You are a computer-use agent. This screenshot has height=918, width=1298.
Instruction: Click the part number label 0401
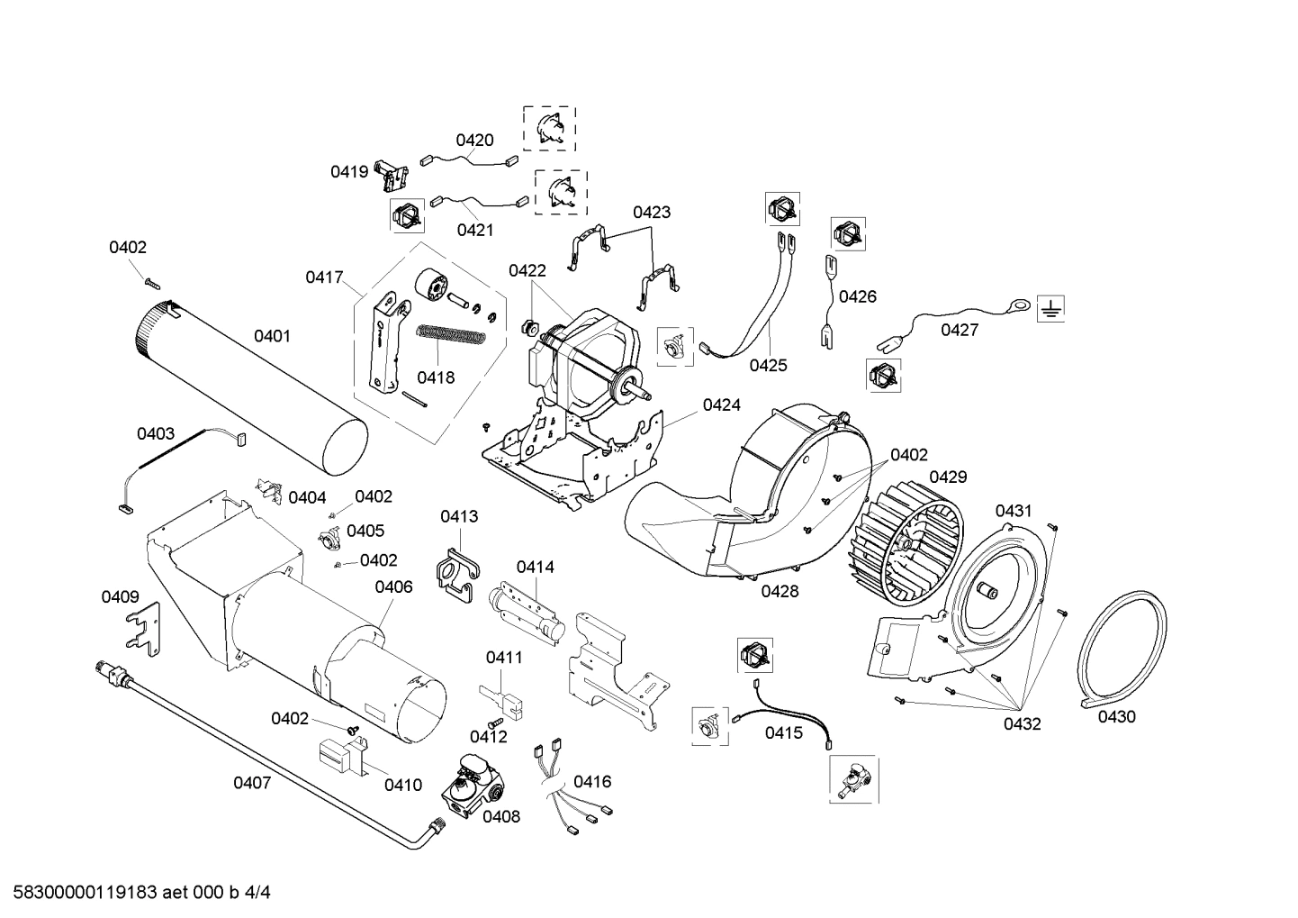[271, 336]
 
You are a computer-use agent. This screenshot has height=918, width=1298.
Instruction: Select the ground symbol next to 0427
[1050, 310]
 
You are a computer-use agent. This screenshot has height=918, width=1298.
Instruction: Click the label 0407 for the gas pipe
[252, 783]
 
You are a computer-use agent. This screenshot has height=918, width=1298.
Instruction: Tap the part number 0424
[721, 405]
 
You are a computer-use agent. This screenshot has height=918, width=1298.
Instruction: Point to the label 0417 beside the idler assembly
[324, 277]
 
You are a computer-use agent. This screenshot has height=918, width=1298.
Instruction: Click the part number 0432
[1022, 723]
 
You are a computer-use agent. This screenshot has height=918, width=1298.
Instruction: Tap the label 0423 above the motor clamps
[651, 213]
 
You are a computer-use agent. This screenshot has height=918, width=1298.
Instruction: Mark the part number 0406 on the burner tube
[393, 587]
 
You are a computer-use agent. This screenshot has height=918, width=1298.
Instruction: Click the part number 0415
[783, 732]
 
